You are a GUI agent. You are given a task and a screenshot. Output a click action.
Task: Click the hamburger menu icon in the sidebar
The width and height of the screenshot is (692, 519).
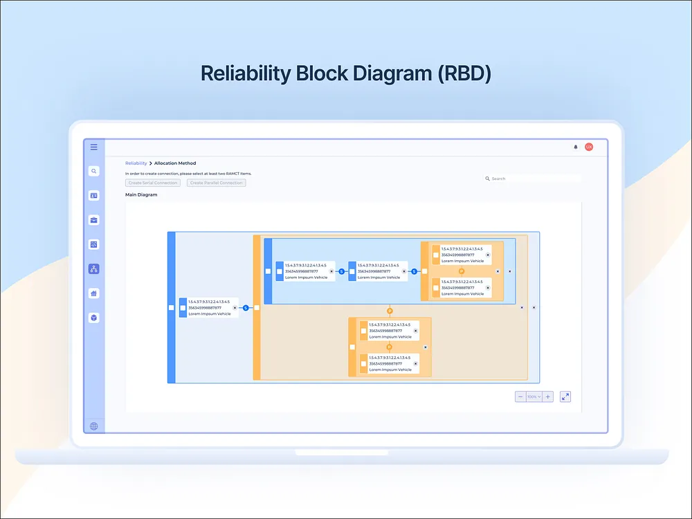click(94, 147)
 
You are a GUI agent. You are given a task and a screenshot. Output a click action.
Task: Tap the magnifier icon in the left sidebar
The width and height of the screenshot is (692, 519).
click(94, 171)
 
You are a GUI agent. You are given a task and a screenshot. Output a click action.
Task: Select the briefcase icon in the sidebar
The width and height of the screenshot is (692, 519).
click(94, 220)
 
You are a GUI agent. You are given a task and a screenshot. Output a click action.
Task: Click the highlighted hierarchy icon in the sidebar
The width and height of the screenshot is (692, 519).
click(94, 269)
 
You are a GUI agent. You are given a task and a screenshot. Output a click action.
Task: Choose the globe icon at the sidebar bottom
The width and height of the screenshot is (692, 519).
click(94, 426)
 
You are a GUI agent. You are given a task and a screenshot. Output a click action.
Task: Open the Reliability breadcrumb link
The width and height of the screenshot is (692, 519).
click(136, 163)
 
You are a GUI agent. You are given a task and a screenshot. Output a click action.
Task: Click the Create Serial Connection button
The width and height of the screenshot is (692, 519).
click(153, 183)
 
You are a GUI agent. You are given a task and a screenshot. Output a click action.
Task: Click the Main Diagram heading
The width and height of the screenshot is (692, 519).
click(141, 195)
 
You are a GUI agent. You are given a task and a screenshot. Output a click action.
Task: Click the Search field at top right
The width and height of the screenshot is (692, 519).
click(533, 179)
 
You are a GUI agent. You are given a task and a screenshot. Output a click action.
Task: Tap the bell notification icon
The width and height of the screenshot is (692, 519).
click(575, 147)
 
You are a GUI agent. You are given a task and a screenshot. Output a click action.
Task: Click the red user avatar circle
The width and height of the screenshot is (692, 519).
click(589, 147)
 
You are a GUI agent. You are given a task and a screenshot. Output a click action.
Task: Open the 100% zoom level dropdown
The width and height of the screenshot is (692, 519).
click(534, 397)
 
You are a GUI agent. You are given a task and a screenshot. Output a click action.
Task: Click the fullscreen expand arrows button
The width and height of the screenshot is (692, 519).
click(565, 397)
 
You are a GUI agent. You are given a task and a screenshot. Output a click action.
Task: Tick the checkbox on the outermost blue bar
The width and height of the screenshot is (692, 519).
click(172, 308)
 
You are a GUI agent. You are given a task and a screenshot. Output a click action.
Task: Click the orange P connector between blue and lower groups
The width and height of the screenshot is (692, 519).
click(390, 311)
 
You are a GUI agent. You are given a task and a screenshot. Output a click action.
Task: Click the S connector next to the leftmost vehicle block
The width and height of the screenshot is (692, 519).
click(245, 308)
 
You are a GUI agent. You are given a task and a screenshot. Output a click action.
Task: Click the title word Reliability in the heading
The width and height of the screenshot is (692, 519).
click(244, 73)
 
